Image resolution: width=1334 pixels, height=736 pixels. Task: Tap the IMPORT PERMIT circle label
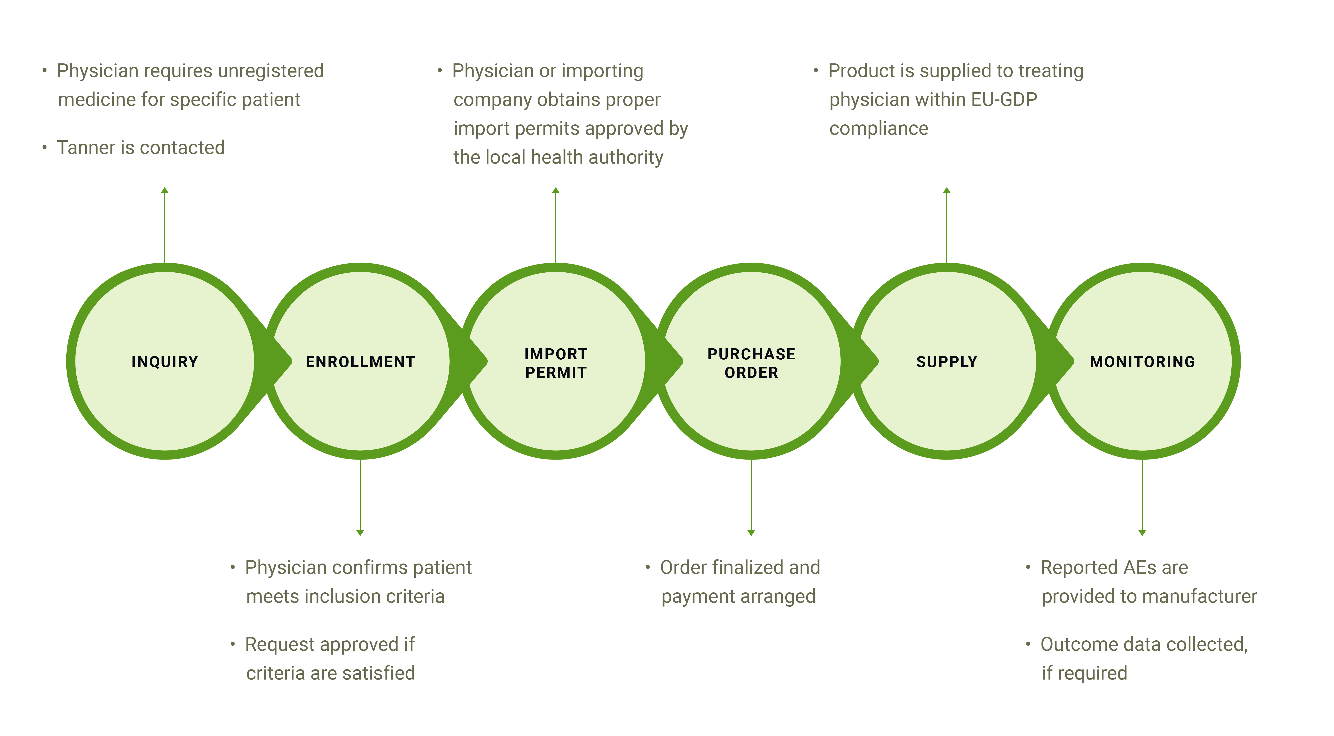556,363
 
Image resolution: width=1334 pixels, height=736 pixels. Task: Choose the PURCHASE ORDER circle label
751,363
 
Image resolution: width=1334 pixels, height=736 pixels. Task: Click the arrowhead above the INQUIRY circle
165,190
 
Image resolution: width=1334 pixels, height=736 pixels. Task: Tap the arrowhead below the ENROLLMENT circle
360,533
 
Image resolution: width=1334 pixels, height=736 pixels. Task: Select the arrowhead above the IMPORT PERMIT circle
556,190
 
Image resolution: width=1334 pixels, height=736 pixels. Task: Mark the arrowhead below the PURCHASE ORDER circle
751,533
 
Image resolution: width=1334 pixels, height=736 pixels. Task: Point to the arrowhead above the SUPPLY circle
947,190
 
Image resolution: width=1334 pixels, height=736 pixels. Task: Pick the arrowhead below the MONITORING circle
1142,533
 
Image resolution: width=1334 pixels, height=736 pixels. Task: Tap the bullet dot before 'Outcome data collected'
1028,644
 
